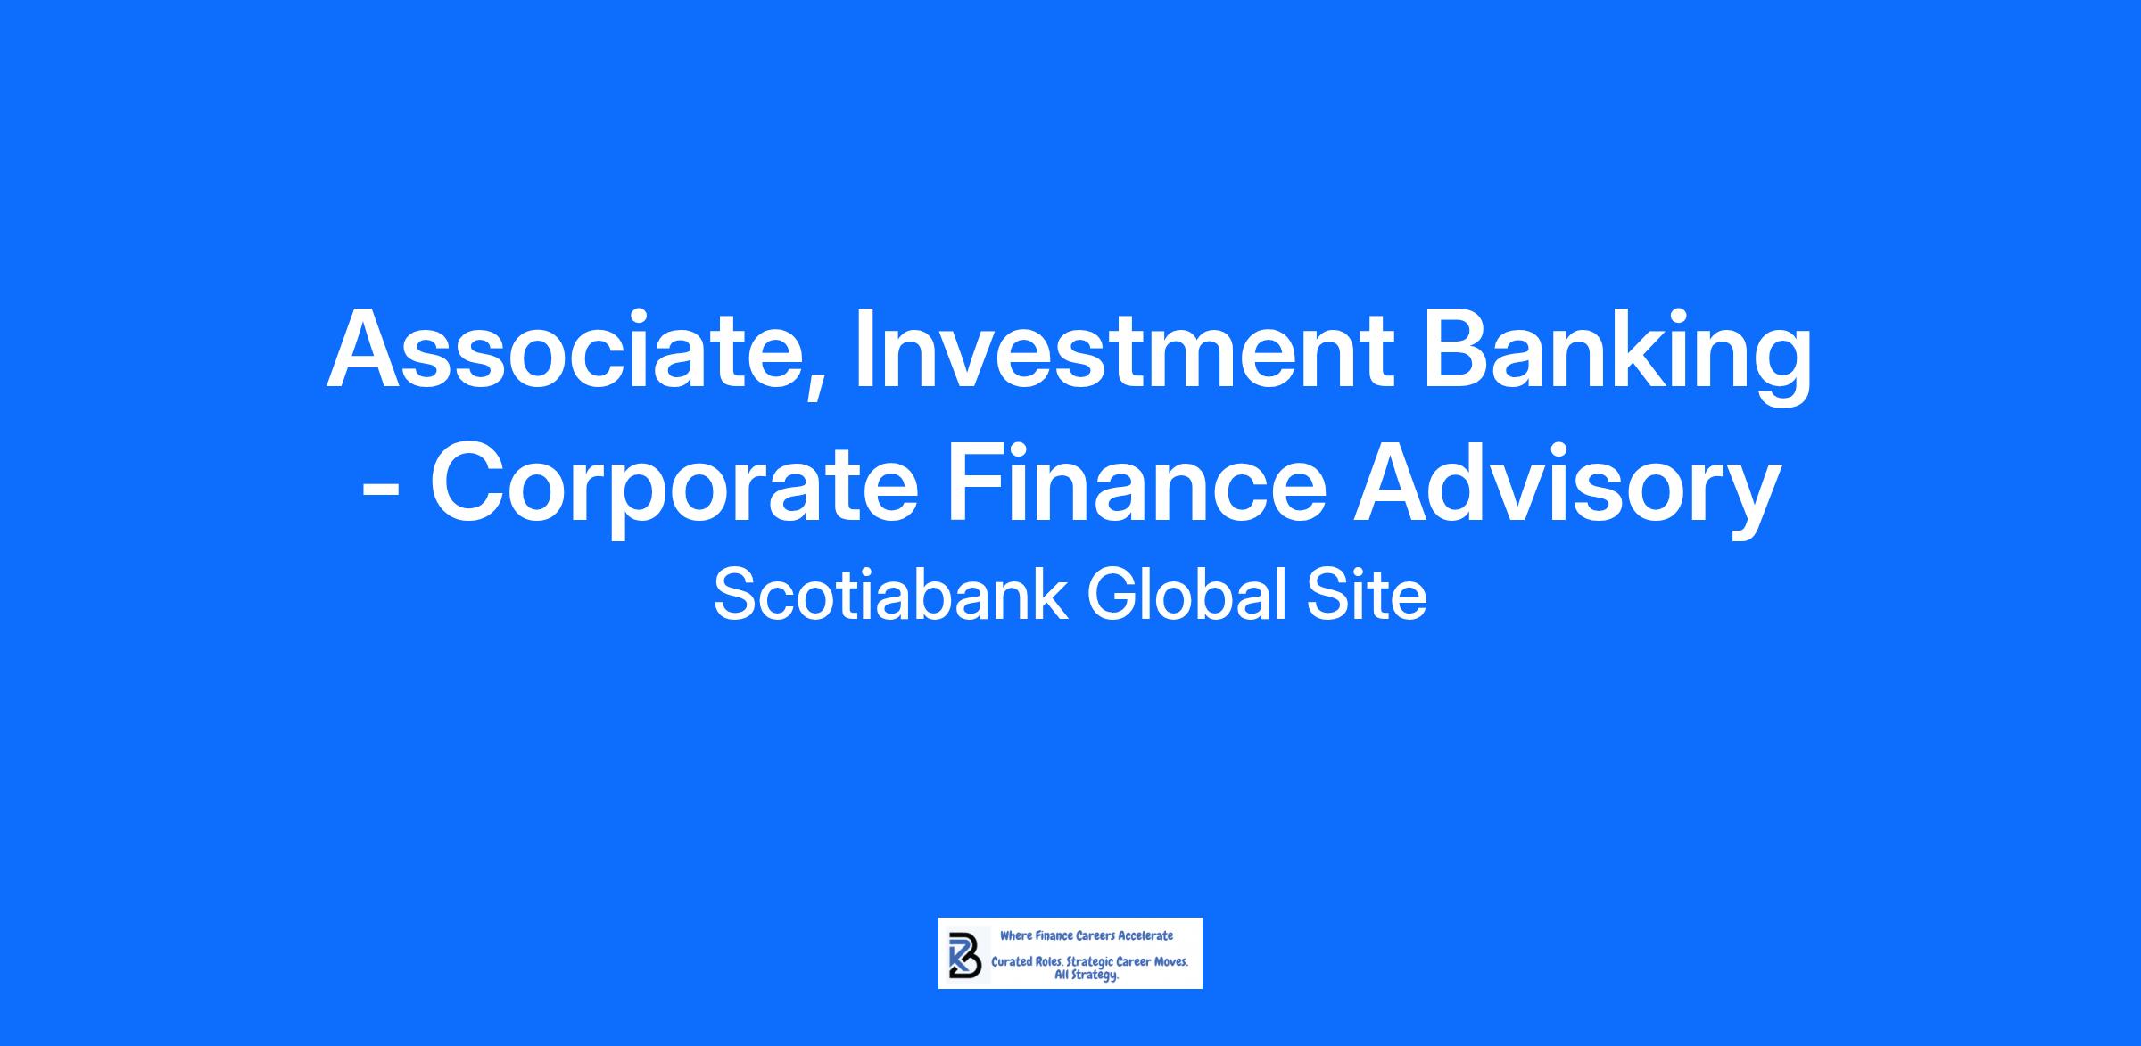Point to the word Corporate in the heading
click(674, 489)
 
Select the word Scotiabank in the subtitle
click(890, 595)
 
